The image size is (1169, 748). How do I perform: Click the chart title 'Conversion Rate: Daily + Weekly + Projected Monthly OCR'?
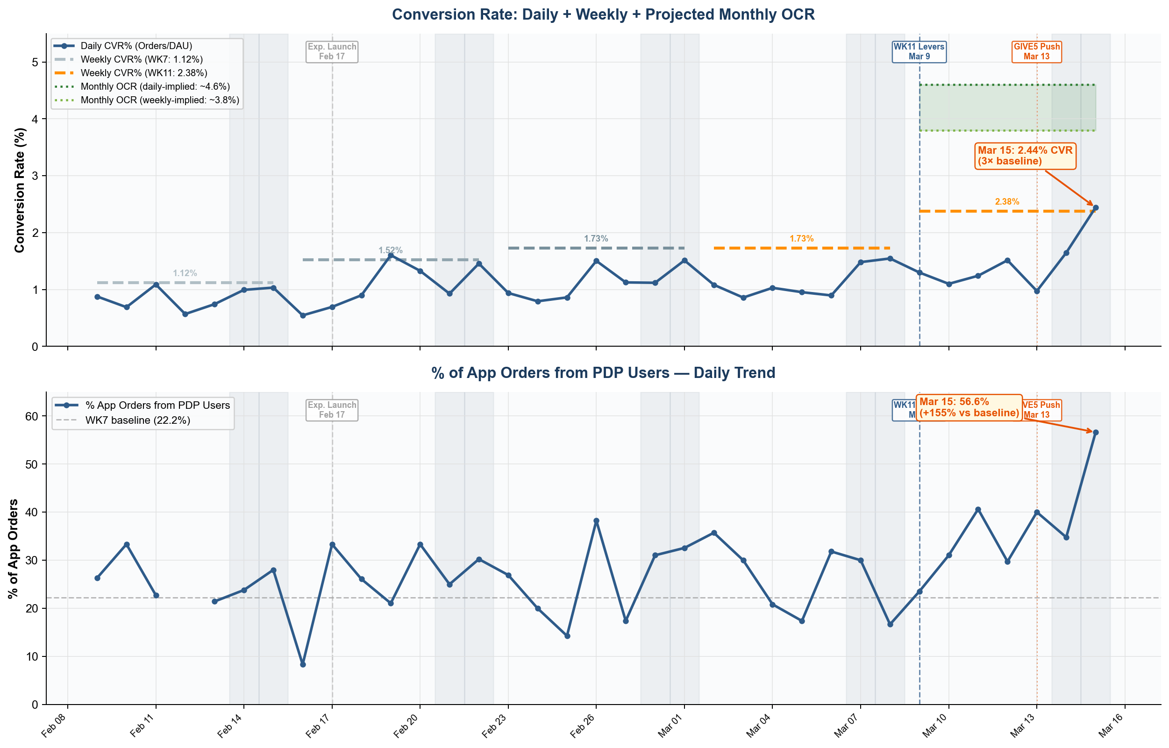pos(603,14)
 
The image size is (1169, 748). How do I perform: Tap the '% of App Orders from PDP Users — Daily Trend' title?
pos(603,372)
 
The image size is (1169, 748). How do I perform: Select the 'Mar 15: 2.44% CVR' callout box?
pos(1025,156)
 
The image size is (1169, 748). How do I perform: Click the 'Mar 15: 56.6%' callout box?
pos(969,407)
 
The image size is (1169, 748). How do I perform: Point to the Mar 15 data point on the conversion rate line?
pos(1095,208)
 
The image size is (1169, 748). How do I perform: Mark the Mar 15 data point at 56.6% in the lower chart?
pos(1095,432)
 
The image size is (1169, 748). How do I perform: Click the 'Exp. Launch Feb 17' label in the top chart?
pos(332,51)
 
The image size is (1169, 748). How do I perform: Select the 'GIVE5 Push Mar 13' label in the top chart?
pos(1036,51)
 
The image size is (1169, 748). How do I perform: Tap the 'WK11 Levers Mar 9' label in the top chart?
pos(919,51)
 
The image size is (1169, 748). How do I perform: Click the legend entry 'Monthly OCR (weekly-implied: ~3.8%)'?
pos(159,100)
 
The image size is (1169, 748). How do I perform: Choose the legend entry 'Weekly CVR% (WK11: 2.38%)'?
pos(144,73)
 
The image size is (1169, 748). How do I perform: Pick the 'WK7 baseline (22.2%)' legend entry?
pos(137,420)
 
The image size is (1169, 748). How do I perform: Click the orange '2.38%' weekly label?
pos(1007,201)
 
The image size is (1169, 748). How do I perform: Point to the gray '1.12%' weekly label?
pos(185,273)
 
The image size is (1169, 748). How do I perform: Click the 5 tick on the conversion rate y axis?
pos(35,62)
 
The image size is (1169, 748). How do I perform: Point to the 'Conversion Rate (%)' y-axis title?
pos(20,190)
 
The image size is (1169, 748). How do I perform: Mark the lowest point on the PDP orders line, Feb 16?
pos(303,664)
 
